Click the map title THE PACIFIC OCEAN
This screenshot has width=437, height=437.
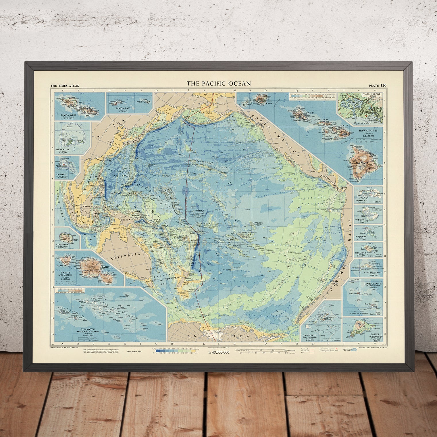(219, 84)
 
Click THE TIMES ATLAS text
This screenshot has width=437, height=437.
(65, 86)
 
